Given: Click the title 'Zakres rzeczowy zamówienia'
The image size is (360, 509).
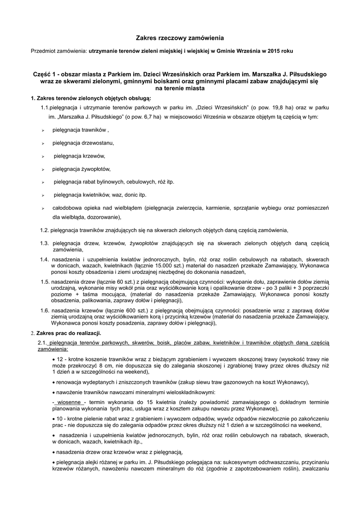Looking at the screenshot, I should coord(180,37).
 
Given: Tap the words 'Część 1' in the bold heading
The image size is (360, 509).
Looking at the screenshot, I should coord(45,75).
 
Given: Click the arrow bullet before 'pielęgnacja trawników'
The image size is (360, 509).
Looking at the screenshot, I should coord(43,130).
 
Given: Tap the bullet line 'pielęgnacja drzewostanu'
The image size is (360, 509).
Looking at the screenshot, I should coord(84,143).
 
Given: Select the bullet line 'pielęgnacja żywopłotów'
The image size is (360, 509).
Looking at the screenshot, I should coord(82,169).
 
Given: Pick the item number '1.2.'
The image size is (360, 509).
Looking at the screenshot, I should coord(45,230).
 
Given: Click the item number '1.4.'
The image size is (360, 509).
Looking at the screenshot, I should coord(45,259).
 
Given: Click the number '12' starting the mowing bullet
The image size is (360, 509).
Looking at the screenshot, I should coord(60,358).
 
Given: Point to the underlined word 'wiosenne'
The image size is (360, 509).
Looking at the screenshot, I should coord(71,402).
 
